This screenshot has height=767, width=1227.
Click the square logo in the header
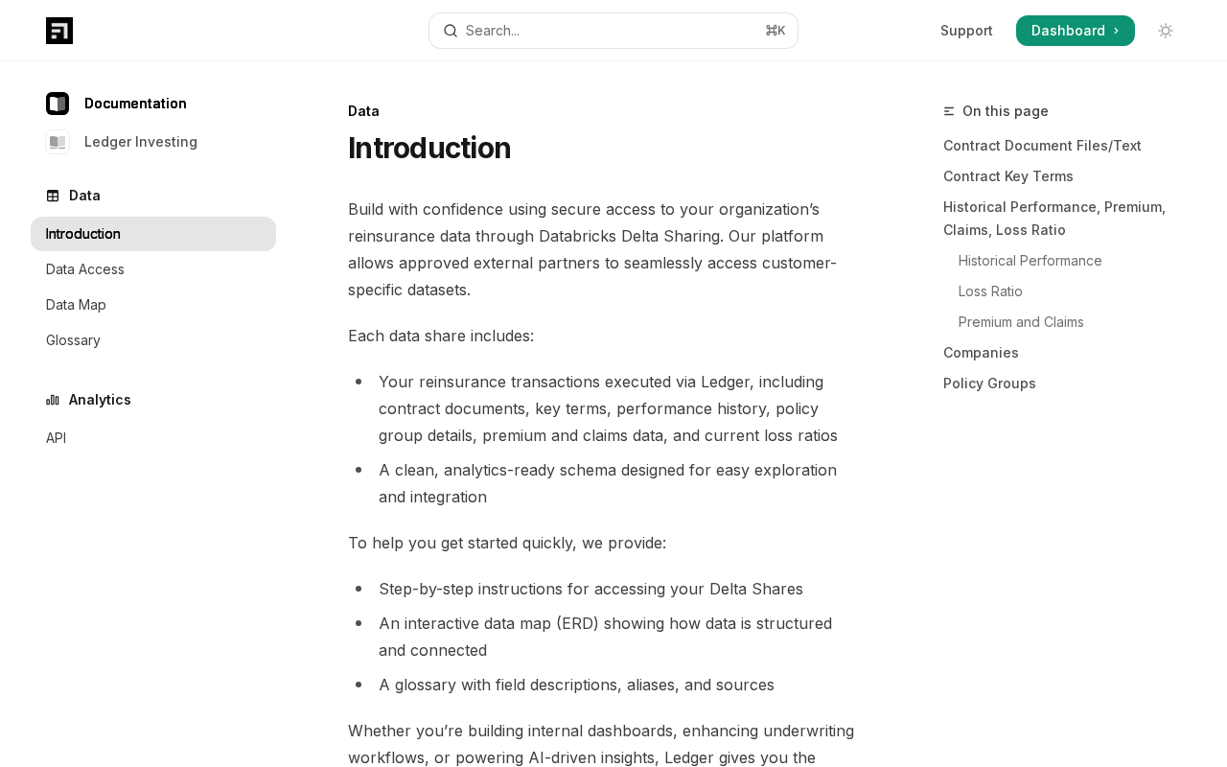click(59, 31)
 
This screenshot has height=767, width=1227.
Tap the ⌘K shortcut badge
click(775, 31)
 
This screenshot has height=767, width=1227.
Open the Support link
click(966, 31)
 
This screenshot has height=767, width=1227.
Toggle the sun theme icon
click(1166, 31)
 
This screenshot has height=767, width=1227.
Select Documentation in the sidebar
click(134, 104)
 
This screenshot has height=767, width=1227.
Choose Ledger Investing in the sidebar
click(140, 142)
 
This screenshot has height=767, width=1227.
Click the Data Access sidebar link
click(85, 269)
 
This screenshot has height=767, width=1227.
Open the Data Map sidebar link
click(76, 305)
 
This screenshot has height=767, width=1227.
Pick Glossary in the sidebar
click(73, 340)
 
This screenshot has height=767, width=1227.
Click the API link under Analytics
click(56, 438)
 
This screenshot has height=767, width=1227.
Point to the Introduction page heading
click(429, 149)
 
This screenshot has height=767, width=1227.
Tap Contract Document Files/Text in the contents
click(1042, 146)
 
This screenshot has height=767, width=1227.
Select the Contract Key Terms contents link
click(1007, 176)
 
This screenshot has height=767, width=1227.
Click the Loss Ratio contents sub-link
click(990, 291)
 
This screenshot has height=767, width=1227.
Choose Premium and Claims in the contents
click(1021, 322)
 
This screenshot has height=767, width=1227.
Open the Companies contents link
click(981, 353)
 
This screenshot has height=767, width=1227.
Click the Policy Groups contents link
click(989, 383)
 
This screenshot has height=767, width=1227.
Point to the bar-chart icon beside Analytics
click(53, 400)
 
